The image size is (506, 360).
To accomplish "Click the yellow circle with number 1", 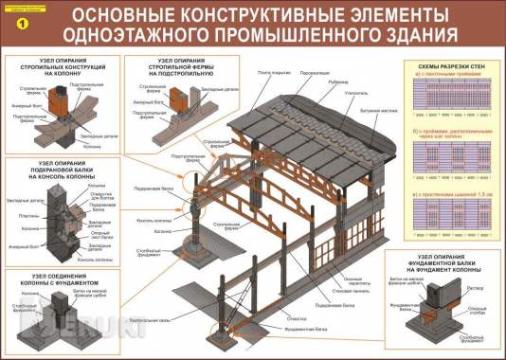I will [14, 15].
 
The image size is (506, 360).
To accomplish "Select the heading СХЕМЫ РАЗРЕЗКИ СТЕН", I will [450, 65].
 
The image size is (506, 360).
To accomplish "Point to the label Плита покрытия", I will [271, 73].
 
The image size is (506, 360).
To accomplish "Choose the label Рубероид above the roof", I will [338, 79].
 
